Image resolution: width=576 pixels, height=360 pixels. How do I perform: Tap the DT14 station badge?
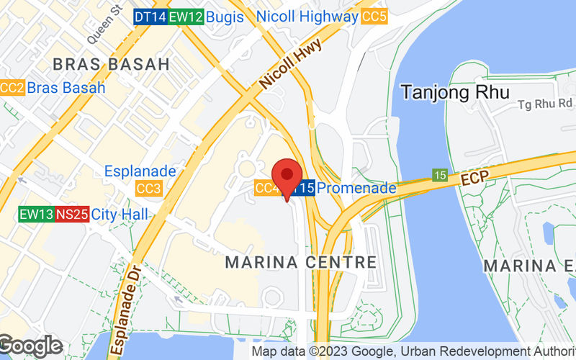(x=150, y=17)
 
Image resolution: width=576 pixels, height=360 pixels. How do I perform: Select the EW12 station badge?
(x=184, y=17)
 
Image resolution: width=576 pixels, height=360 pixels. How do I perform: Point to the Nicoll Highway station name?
(x=307, y=17)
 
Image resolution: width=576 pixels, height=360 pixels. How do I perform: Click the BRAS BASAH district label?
(x=111, y=64)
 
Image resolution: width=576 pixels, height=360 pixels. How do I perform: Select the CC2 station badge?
(x=12, y=88)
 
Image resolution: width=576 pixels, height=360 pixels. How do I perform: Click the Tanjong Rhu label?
(x=455, y=92)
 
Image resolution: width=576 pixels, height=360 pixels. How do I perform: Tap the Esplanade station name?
(x=140, y=171)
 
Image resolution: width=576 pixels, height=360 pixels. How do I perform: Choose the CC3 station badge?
(x=148, y=189)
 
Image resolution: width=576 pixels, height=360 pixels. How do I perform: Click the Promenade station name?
(x=356, y=188)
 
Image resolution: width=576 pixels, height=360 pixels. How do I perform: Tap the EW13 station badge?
(x=37, y=214)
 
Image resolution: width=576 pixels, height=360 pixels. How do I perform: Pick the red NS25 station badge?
(x=73, y=214)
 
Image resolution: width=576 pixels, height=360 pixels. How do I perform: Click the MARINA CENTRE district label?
(x=300, y=262)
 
